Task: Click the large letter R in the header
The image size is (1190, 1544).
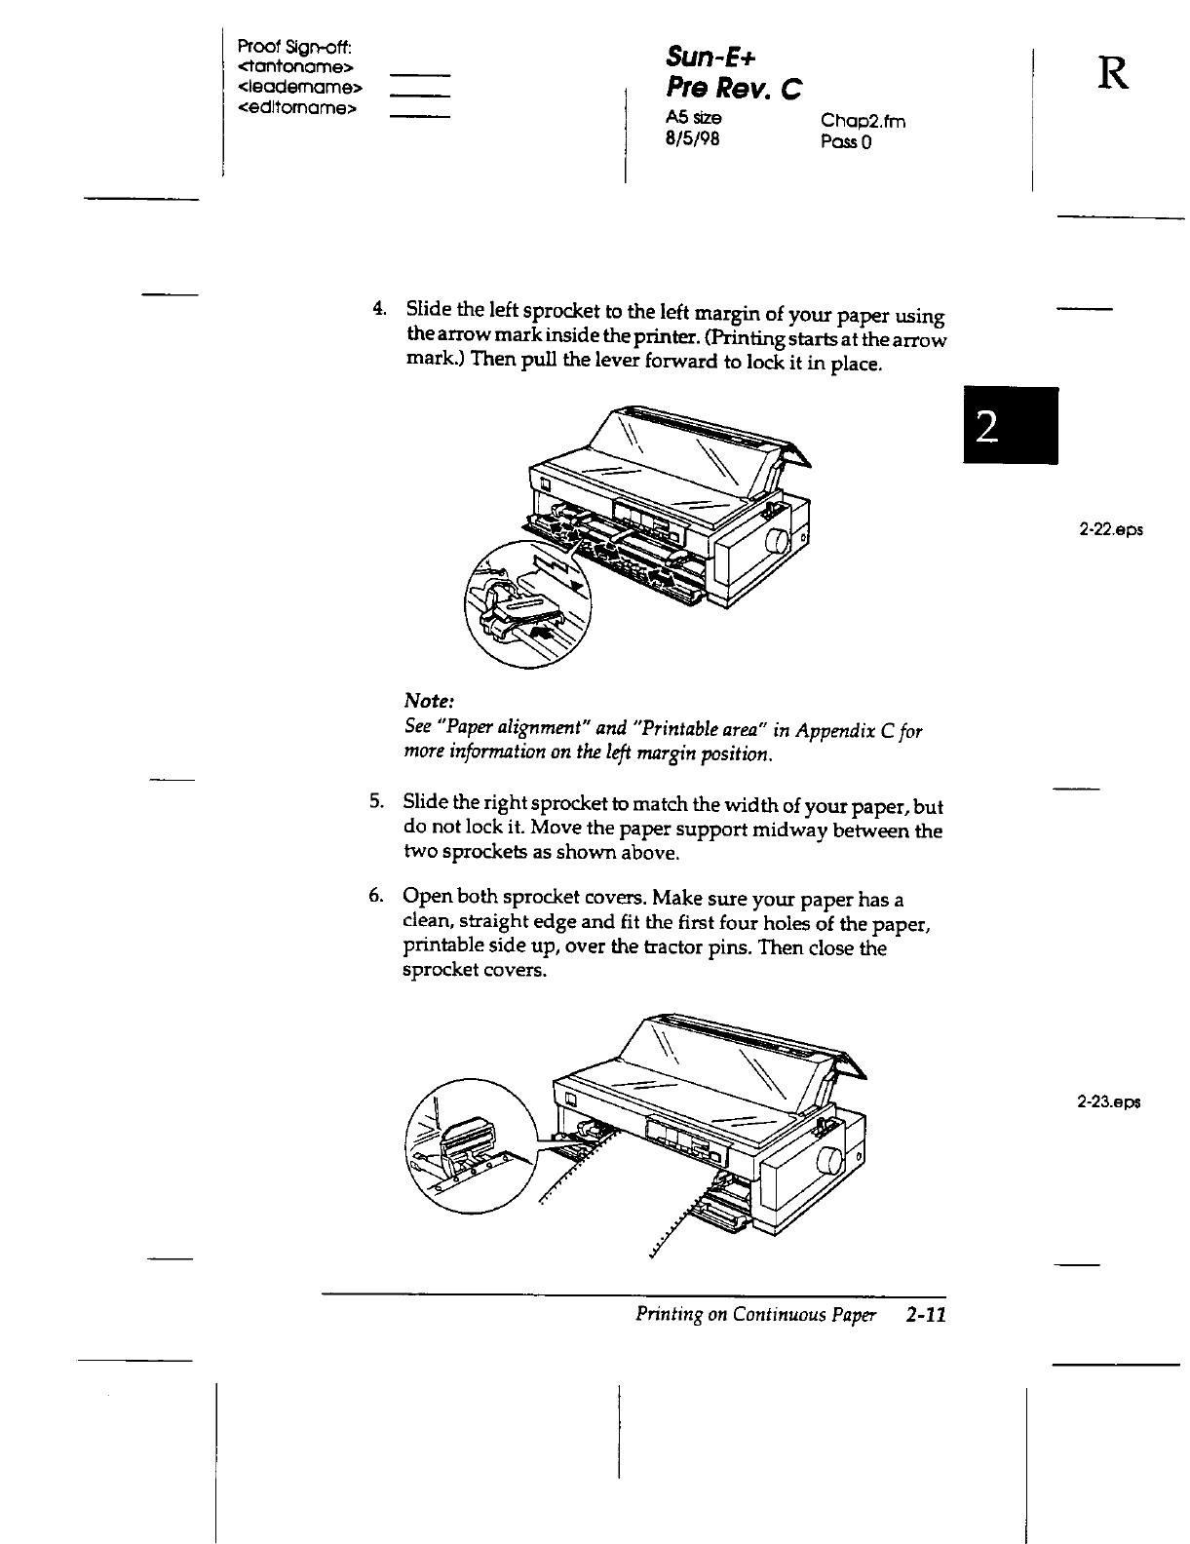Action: [x=1112, y=74]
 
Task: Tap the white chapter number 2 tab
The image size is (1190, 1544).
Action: [x=1009, y=426]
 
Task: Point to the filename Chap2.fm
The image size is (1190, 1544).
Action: [x=863, y=121]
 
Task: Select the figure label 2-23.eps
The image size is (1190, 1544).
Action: [x=1109, y=1102]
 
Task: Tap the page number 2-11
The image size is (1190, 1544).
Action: [x=925, y=1316]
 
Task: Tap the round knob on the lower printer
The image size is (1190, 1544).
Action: [x=831, y=1162]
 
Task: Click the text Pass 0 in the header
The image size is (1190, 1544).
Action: [x=846, y=142]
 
